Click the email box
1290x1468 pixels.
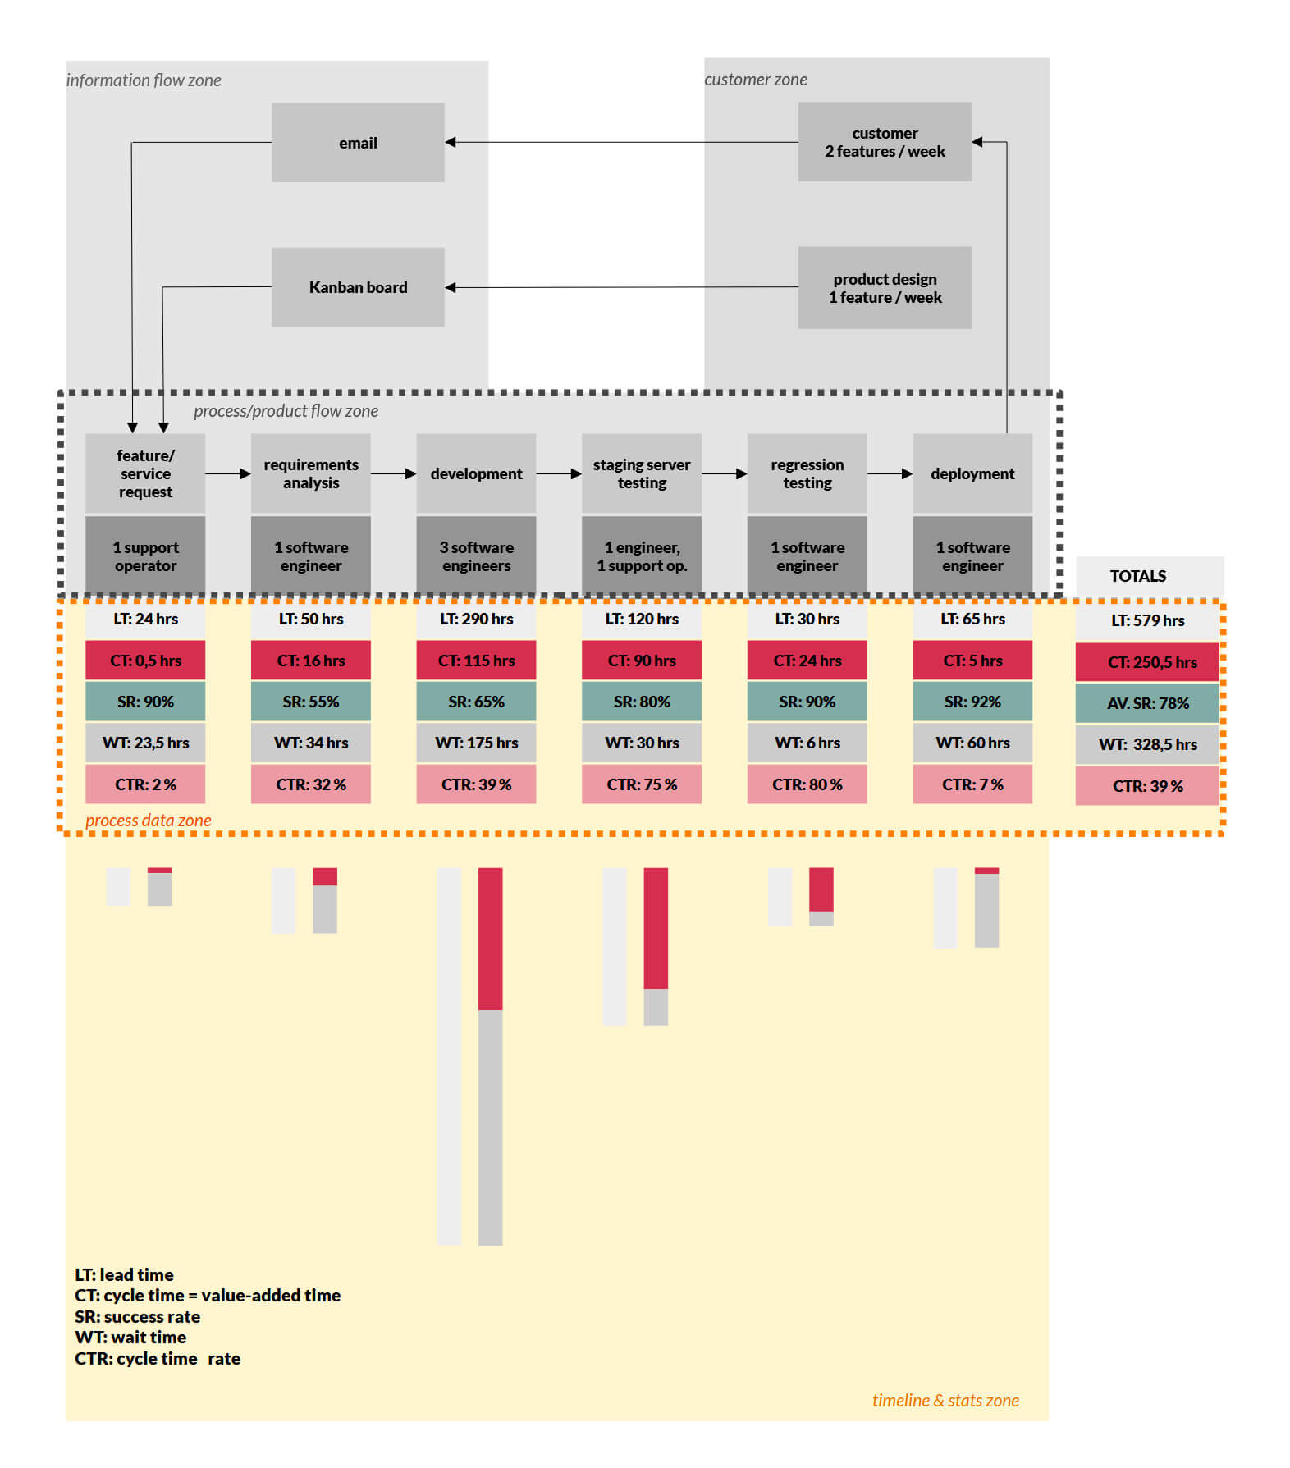(358, 142)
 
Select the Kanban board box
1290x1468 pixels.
(358, 287)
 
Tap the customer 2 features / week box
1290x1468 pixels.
(884, 142)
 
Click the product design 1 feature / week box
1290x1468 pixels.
(884, 288)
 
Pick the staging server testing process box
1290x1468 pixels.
(641, 473)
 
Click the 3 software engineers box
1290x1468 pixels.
(476, 556)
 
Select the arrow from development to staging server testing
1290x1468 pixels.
(559, 473)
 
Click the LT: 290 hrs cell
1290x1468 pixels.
(476, 619)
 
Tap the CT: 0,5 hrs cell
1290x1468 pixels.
(145, 661)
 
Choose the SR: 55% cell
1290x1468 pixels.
(310, 702)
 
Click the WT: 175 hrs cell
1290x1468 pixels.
(476, 743)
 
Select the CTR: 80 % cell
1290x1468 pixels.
(807, 784)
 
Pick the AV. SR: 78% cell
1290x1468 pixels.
(1147, 703)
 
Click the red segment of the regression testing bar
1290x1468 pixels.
(821, 889)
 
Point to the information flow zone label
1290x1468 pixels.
(144, 80)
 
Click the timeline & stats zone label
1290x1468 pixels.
(945, 1400)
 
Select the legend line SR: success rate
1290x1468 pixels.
(137, 1316)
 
